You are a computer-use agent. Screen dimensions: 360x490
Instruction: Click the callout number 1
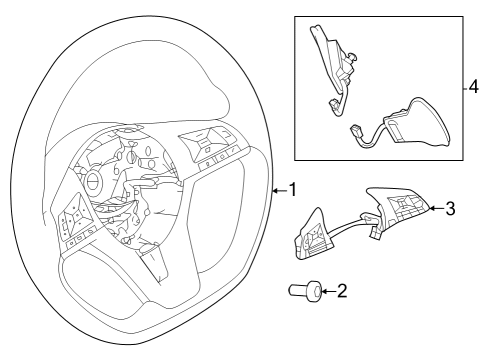click(x=293, y=188)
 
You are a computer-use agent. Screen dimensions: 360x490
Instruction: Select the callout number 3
click(x=450, y=208)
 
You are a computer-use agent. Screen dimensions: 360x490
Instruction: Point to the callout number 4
click(x=477, y=87)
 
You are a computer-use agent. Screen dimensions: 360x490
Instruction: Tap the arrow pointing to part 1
click(x=279, y=188)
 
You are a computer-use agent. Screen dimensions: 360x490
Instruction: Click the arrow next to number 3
click(x=435, y=208)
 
